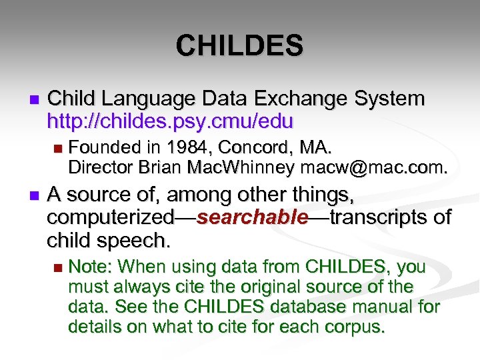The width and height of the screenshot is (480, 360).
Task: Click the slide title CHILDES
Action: coord(239,46)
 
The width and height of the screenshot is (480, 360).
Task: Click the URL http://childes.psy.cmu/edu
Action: coord(170,121)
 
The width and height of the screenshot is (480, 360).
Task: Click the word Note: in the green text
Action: coord(92,267)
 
